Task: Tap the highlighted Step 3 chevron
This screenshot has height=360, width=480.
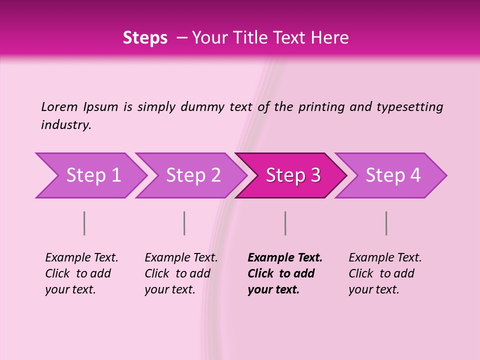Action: pyautogui.click(x=293, y=175)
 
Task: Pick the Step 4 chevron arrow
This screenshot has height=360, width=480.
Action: pyautogui.click(x=393, y=175)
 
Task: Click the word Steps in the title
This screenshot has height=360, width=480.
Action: pyautogui.click(x=145, y=38)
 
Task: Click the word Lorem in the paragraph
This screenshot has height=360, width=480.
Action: pyautogui.click(x=59, y=106)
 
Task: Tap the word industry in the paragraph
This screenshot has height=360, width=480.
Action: pyautogui.click(x=66, y=124)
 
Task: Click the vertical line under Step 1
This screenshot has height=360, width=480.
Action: pyautogui.click(x=84, y=223)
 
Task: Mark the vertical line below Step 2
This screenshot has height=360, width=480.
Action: pyautogui.click(x=184, y=223)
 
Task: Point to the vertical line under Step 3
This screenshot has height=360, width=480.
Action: pyautogui.click(x=285, y=223)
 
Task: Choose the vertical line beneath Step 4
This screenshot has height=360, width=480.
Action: pyautogui.click(x=386, y=223)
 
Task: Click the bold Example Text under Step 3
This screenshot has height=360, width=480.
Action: pyautogui.click(x=285, y=258)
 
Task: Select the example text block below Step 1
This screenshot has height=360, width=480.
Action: pyautogui.click(x=81, y=273)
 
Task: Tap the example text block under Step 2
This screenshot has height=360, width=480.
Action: pyautogui.click(x=181, y=273)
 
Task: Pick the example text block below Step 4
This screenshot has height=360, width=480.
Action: pyautogui.click(x=385, y=273)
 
